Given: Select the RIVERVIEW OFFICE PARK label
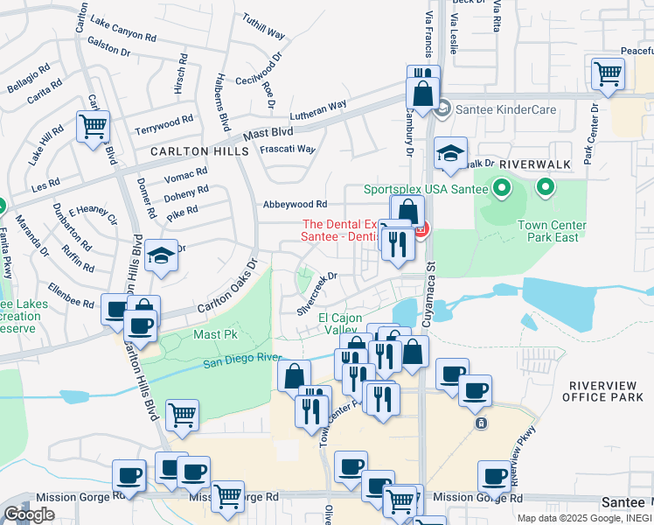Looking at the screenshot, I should point(606,391).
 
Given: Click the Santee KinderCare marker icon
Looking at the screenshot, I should point(443,110).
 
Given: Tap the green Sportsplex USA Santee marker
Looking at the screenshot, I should point(502,187).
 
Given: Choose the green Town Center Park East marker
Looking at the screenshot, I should point(546,187).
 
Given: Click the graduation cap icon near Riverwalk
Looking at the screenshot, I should point(450,155).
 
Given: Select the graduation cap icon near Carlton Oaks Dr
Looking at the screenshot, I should point(162,256).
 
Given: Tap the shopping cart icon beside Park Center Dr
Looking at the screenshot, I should point(608,74).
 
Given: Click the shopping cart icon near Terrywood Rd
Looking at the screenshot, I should point(93,126).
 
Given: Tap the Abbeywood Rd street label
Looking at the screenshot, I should point(295,204).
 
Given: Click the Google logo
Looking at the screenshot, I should point(29,514).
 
